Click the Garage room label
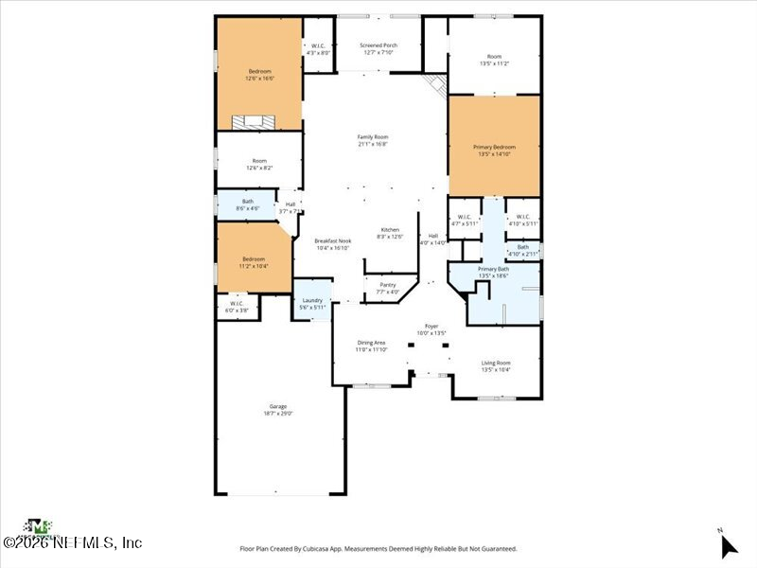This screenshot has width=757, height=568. point(277,406)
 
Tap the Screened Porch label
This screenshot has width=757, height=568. point(378,45)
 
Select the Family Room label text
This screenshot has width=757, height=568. point(373,137)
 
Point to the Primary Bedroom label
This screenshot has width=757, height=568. point(494,147)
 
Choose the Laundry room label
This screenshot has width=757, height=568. point(312,300)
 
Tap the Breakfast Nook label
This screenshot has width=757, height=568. point(332,241)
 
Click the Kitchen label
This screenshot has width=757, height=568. point(390,230)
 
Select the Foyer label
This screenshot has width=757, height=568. point(431,327)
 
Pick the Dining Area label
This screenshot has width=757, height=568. point(371,343)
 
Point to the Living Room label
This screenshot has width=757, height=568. point(496,363)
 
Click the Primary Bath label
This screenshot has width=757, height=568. point(494,270)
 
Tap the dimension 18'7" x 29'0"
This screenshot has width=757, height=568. point(277,413)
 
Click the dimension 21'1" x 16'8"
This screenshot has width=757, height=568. point(373,144)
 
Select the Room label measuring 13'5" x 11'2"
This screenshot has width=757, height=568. point(495,57)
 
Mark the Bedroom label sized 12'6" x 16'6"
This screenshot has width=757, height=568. point(259,72)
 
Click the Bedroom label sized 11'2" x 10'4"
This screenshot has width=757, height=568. point(253,259)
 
